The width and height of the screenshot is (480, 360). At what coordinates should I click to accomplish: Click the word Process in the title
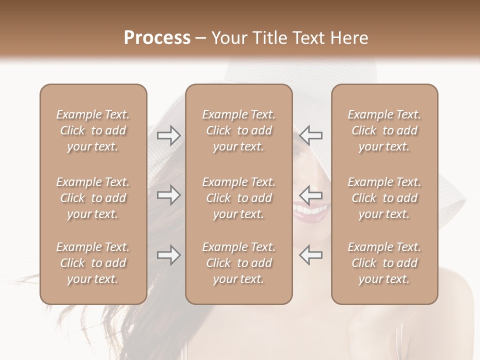(157, 38)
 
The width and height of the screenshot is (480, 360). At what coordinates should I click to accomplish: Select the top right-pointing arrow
(169, 135)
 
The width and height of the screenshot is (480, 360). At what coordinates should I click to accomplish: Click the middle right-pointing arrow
(169, 195)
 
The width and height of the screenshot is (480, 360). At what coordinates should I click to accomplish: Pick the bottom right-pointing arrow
(169, 255)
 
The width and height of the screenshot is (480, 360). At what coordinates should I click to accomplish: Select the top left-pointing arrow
(310, 135)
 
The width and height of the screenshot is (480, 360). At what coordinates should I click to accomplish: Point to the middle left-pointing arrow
(310, 195)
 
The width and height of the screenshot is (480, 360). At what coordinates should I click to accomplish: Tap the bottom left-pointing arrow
(310, 255)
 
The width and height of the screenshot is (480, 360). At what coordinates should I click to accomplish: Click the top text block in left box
(93, 130)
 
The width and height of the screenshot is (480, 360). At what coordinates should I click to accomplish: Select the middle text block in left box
(93, 198)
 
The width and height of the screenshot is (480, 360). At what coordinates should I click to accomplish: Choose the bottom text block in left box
(93, 263)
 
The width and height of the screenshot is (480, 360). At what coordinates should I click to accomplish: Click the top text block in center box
(238, 130)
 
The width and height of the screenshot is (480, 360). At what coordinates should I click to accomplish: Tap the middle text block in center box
(238, 198)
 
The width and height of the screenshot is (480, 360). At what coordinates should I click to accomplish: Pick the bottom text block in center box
(238, 263)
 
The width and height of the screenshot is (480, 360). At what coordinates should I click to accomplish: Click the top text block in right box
(384, 130)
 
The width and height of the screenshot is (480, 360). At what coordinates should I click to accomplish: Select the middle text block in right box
(384, 198)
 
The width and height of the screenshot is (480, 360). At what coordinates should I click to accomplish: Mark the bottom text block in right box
(384, 263)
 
